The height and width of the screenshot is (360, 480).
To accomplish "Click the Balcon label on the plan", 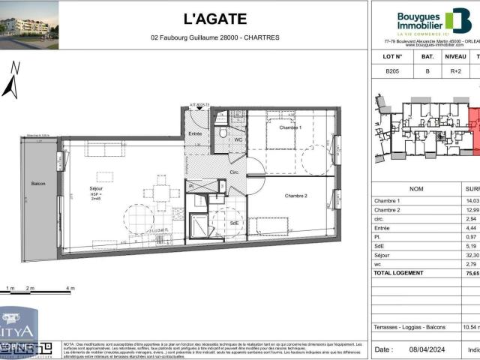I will click(x=38, y=184).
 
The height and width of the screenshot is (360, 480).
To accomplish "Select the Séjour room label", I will click(x=96, y=188).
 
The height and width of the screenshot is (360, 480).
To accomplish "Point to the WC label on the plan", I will click(x=237, y=139).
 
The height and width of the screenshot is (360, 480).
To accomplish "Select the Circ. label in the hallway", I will click(x=234, y=172).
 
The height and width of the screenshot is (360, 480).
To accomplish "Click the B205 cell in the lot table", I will click(x=391, y=71).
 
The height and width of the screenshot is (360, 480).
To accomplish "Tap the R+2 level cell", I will click(x=454, y=71).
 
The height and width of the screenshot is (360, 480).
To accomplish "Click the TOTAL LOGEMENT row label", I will click(x=398, y=272).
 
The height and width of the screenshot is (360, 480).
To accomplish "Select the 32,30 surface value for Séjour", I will click(x=472, y=254).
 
